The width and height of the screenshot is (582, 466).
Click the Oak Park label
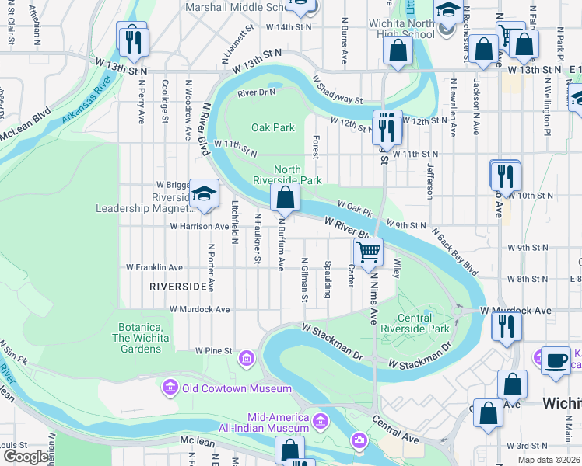pos(273,127)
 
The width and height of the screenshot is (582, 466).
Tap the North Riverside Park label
pos(287,175)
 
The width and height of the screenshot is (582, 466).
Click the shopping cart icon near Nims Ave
pos(368,251)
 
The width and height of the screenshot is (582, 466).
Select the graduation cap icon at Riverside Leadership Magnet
pos(204,194)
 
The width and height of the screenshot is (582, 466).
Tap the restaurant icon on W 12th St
pos(387,127)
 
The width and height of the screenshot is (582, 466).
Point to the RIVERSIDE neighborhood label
pos(179,287)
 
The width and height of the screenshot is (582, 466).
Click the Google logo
pos(26,457)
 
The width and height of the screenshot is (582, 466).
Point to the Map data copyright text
pos(548,460)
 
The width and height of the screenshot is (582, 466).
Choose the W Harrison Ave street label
pos(199,227)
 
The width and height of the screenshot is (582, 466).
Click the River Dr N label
pos(256,92)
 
